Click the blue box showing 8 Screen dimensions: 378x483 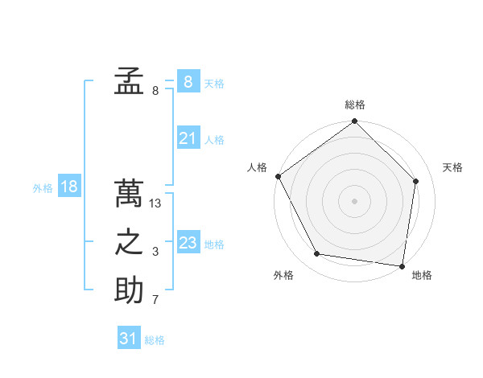coord(188,81)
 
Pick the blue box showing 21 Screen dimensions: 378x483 coord(188,138)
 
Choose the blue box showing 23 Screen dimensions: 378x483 coord(188,242)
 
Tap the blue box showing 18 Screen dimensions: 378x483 coord(69,187)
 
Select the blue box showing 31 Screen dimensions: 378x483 coord(129,339)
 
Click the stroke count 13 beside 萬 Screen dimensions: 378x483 coord(155,203)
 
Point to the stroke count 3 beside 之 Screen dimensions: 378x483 coord(155,253)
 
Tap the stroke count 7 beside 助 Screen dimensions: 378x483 coord(155,301)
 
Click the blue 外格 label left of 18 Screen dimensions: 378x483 coord(43,188)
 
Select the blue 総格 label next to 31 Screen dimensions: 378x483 coord(155,340)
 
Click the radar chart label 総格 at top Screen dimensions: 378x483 coord(355,105)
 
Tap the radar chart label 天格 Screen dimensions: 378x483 coord(452,167)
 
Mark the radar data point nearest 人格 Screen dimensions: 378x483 coord(279,176)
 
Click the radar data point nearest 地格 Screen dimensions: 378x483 coord(402,265)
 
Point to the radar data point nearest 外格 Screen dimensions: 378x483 coord(317,254)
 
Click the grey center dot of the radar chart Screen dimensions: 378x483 coord(354,200)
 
